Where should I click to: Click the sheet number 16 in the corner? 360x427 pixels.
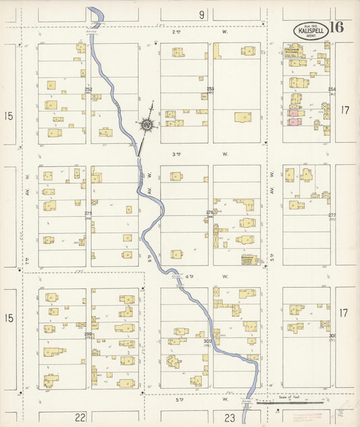(337, 28)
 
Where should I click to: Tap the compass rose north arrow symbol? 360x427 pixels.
(146, 125)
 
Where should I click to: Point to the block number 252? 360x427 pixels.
(88, 89)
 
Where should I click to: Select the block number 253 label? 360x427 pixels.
(210, 89)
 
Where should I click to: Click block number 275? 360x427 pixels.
(88, 214)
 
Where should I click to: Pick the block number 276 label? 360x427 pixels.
(210, 214)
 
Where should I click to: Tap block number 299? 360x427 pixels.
(88, 334)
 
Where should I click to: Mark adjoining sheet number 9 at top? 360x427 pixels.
(201, 14)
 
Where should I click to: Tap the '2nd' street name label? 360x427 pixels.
(178, 31)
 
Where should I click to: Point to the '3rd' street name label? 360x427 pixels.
(178, 154)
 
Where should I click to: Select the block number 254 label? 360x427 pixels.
(332, 89)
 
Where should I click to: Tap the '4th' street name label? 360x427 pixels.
(189, 276)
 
